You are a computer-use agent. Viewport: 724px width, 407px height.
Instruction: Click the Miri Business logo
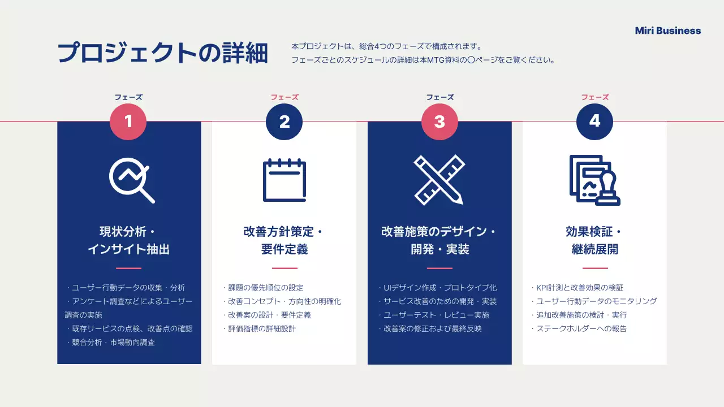667,31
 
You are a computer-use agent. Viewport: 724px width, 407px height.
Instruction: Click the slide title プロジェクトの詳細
163,53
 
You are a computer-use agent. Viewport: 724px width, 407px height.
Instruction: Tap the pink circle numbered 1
128,122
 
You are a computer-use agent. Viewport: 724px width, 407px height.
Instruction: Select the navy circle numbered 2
284,122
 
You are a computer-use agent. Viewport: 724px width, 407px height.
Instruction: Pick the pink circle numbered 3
439,122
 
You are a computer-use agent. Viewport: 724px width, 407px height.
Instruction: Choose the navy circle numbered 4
594,122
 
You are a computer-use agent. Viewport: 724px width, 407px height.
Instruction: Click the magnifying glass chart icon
131,180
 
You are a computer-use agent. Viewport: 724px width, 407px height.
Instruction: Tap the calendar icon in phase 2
284,180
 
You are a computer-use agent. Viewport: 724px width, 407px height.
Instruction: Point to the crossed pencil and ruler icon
439,180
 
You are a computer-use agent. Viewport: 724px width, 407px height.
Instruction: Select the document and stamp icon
594,180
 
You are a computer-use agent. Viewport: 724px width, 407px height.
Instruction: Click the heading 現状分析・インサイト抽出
129,240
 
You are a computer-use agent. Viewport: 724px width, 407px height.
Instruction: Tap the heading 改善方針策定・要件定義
284,240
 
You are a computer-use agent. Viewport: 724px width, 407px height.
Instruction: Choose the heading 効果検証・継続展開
594,240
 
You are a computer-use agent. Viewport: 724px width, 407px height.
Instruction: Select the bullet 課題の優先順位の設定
264,288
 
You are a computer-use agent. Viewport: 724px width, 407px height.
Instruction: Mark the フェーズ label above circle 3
439,97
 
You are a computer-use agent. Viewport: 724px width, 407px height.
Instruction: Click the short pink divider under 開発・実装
439,269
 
